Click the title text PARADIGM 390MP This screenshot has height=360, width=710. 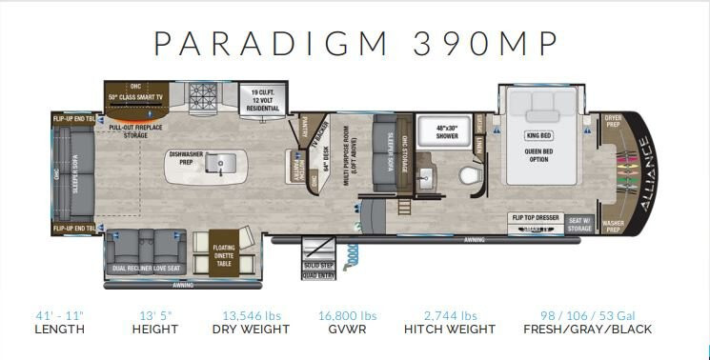point(355,44)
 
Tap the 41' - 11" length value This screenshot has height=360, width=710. point(59,314)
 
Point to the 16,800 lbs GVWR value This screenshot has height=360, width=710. point(347,314)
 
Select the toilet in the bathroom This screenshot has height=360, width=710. point(467,175)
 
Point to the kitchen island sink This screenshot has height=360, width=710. point(220,165)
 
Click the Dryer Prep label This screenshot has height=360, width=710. point(612,121)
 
